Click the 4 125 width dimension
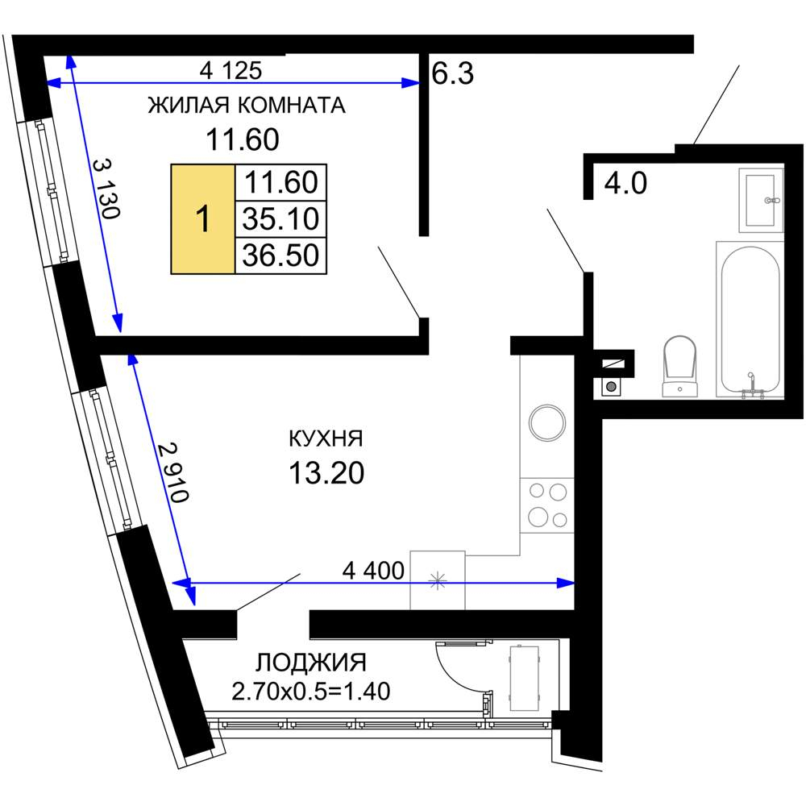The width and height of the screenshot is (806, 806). [231, 70]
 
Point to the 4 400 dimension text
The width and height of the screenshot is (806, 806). [373, 571]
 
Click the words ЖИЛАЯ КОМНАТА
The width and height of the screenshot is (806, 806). [247, 106]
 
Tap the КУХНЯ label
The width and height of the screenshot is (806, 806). [326, 438]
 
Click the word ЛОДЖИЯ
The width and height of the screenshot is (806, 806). [311, 663]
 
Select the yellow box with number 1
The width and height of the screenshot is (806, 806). [203, 219]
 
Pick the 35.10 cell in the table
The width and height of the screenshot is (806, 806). [280, 219]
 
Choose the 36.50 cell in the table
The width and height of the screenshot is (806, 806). [280, 256]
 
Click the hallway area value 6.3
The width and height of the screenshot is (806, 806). [452, 73]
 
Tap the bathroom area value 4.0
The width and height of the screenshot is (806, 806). [625, 183]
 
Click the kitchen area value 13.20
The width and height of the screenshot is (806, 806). [326, 473]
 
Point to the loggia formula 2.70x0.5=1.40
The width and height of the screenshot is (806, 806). [311, 692]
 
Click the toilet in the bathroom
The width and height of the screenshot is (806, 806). [679, 367]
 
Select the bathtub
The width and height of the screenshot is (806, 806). [750, 320]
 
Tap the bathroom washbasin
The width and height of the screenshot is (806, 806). [761, 200]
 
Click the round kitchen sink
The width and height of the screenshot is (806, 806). [547, 422]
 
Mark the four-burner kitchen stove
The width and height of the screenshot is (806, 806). [547, 505]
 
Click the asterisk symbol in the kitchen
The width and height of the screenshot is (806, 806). [438, 581]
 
